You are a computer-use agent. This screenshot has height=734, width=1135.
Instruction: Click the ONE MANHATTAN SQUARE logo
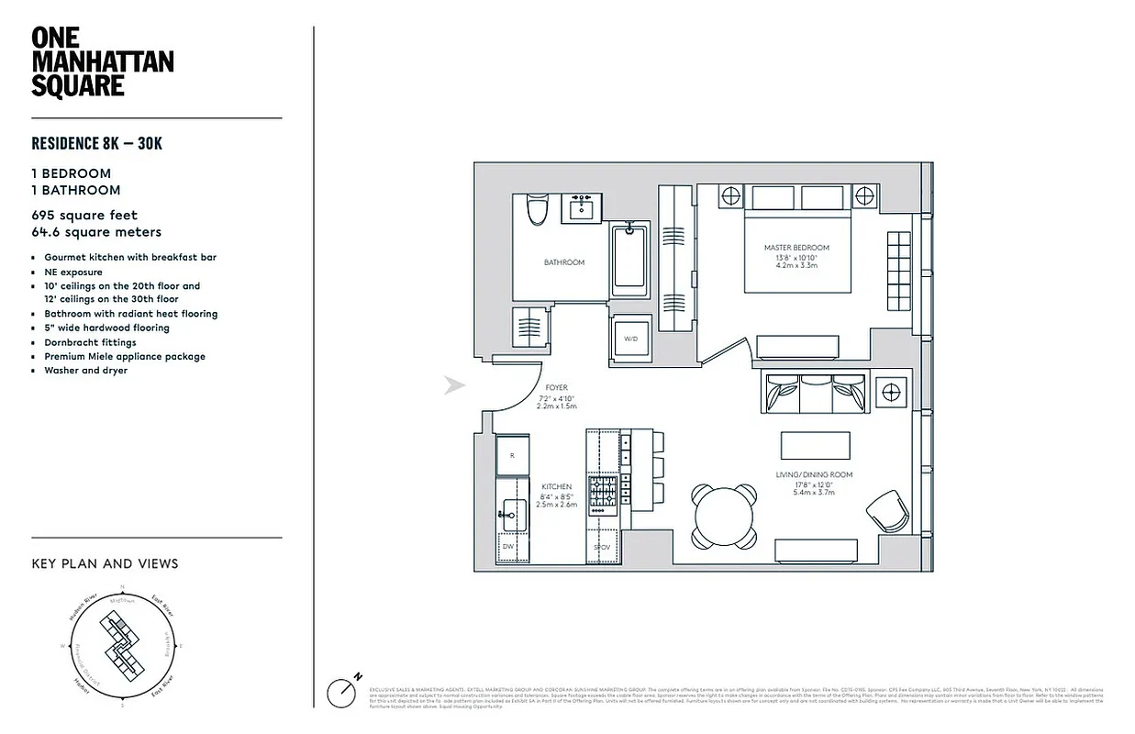[102, 62]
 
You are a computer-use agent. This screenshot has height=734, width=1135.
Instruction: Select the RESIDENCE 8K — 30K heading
[97, 143]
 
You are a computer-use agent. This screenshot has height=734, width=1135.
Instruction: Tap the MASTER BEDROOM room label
[796, 248]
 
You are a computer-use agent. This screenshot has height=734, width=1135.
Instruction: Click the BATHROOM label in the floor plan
[563, 262]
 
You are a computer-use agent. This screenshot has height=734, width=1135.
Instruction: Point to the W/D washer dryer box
[630, 339]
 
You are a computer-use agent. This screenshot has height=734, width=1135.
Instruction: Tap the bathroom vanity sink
[581, 209]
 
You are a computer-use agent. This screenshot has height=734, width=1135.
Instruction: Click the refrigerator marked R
[512, 455]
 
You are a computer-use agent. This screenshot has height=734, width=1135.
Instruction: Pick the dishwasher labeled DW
[508, 546]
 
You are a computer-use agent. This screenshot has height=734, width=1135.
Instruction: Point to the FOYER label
[556, 388]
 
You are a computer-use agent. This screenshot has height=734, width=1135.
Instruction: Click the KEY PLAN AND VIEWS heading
[105, 563]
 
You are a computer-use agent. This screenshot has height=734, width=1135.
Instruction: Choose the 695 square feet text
[84, 216]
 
